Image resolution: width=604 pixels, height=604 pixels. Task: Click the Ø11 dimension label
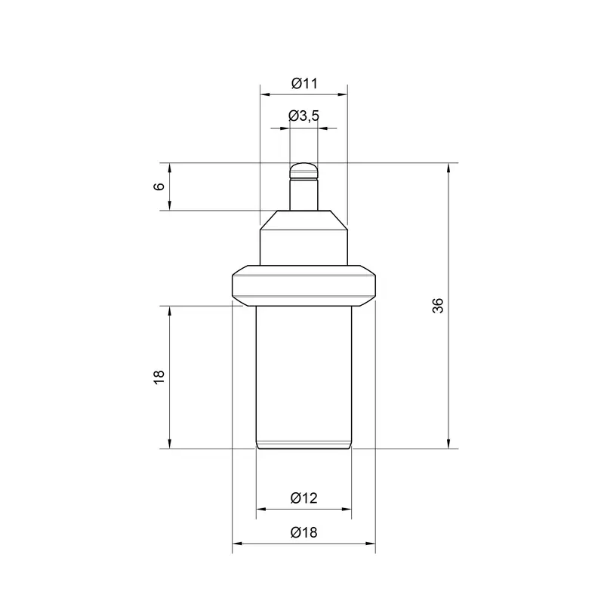[304, 83]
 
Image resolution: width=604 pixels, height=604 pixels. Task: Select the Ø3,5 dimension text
[304, 116]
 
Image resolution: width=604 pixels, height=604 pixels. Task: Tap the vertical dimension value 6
[159, 186]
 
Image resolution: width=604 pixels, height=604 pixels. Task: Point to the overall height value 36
[438, 306]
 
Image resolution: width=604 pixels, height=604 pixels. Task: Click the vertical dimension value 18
[159, 377]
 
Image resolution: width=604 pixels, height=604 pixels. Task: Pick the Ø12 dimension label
[304, 498]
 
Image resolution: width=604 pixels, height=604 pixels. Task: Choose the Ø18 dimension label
[304, 532]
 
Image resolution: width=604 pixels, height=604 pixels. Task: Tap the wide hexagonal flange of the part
[304, 285]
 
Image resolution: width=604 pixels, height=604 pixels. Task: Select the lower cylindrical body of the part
[304, 377]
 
